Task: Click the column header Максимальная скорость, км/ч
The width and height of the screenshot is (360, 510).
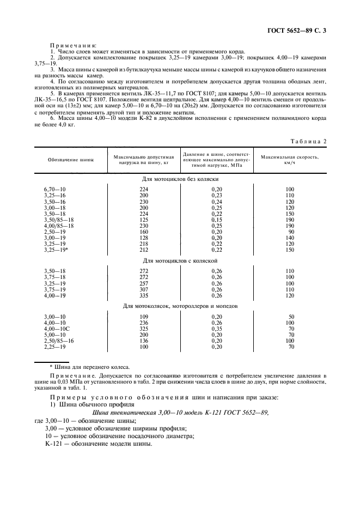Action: (289, 160)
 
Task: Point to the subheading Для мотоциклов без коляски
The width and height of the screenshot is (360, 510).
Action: (180, 179)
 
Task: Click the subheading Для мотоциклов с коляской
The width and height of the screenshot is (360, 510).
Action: (180, 260)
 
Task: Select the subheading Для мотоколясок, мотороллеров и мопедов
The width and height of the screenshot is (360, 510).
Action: (180, 306)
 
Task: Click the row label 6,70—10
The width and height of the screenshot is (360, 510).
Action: (54, 190)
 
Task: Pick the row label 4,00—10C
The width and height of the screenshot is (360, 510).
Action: (56, 329)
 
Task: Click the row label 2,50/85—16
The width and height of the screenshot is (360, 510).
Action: (58, 341)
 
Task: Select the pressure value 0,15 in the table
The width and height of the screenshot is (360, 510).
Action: (217, 220)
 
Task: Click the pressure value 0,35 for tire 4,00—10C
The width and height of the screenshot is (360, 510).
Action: (217, 329)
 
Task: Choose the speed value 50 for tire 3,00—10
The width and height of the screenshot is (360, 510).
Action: (291, 317)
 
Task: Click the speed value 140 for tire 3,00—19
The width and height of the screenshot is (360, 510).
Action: (290, 238)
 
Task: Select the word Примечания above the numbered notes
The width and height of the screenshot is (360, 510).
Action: (73, 46)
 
